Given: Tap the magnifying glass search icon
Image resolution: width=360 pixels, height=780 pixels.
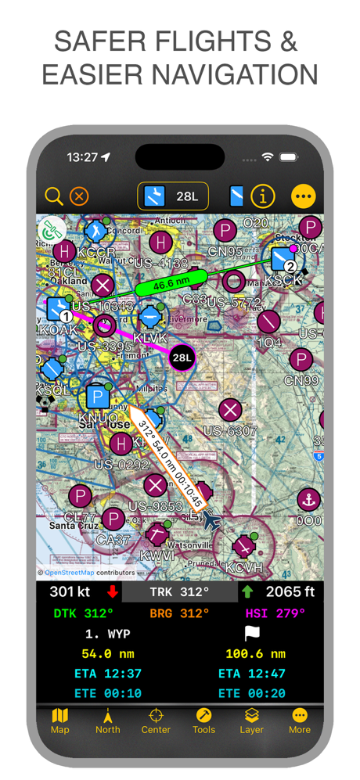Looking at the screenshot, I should [x=53, y=196].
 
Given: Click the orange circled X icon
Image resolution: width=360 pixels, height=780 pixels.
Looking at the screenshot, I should [x=79, y=196].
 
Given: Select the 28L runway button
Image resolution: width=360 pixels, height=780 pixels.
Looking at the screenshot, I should [x=173, y=196].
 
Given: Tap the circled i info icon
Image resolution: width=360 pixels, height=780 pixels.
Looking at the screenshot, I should [x=263, y=196].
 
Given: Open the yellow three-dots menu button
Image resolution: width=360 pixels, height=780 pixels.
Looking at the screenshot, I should [x=304, y=196].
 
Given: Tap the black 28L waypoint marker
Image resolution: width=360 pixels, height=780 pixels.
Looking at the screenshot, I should [x=182, y=358].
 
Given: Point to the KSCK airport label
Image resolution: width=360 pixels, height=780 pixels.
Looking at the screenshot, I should [x=283, y=280].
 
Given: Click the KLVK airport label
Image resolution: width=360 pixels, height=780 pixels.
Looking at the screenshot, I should [x=150, y=338].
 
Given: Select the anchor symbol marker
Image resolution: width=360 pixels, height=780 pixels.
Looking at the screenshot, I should [x=308, y=500].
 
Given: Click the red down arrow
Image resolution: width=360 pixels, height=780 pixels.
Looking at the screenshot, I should [x=113, y=592].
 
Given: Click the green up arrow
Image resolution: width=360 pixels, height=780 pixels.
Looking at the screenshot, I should [x=247, y=592].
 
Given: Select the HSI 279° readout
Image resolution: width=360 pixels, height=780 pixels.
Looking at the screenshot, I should [x=275, y=613].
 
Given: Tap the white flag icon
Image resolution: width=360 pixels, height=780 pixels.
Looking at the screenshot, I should [x=252, y=633].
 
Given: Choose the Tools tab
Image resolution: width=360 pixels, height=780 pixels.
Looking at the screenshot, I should [x=203, y=721].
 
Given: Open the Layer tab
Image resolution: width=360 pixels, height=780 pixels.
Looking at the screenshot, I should [x=251, y=721].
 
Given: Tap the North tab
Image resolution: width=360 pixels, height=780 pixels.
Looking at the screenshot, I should [x=108, y=721].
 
